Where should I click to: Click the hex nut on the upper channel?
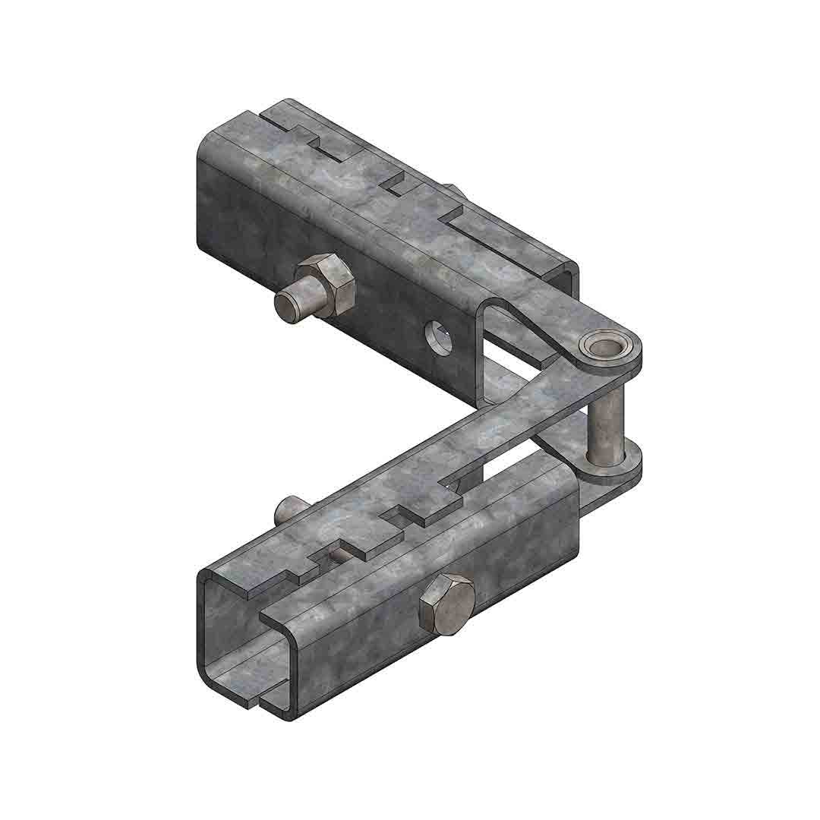[x=327, y=284]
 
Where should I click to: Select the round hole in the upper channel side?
[x=438, y=337]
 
